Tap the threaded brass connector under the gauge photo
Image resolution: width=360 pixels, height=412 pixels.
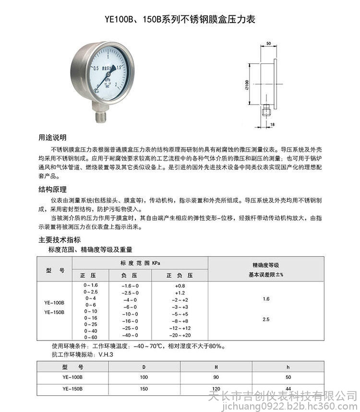pos(101,115)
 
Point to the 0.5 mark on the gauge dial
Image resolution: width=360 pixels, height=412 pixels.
pos(96,68)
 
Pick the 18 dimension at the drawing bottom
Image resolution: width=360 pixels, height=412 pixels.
pos(273,125)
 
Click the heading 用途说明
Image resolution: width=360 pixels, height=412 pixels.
pos(52,137)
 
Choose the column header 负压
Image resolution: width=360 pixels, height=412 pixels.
pos(130,276)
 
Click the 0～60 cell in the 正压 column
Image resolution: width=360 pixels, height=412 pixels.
pos(90,337)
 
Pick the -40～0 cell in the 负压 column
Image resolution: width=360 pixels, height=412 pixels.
pos(130,335)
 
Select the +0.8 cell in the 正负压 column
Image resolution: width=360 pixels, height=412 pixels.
pos(180,285)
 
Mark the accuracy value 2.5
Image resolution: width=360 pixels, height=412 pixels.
pos(266,319)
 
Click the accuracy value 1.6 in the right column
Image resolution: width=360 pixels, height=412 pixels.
pos(266,299)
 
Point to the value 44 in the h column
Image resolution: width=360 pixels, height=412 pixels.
pos(288,388)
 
